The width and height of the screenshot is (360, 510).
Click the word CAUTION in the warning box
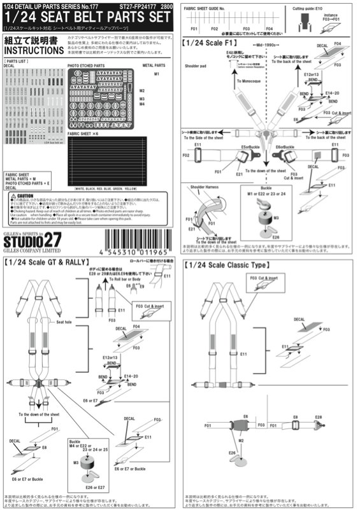tap(25, 196)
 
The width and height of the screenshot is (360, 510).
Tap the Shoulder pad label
tap(197, 82)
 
